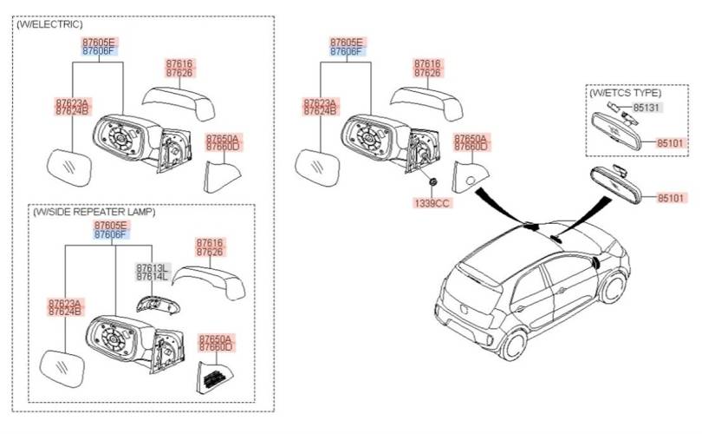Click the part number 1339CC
pyautogui.click(x=431, y=202)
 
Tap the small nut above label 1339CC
pyautogui.click(x=431, y=183)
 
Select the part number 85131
pyautogui.click(x=646, y=108)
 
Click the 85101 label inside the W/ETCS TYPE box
pyautogui.click(x=669, y=142)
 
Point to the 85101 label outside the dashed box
pyautogui.click(x=670, y=198)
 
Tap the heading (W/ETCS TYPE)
pyautogui.click(x=625, y=92)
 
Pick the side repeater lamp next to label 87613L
pyautogui.click(x=157, y=303)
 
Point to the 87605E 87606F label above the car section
pyautogui.click(x=348, y=47)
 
